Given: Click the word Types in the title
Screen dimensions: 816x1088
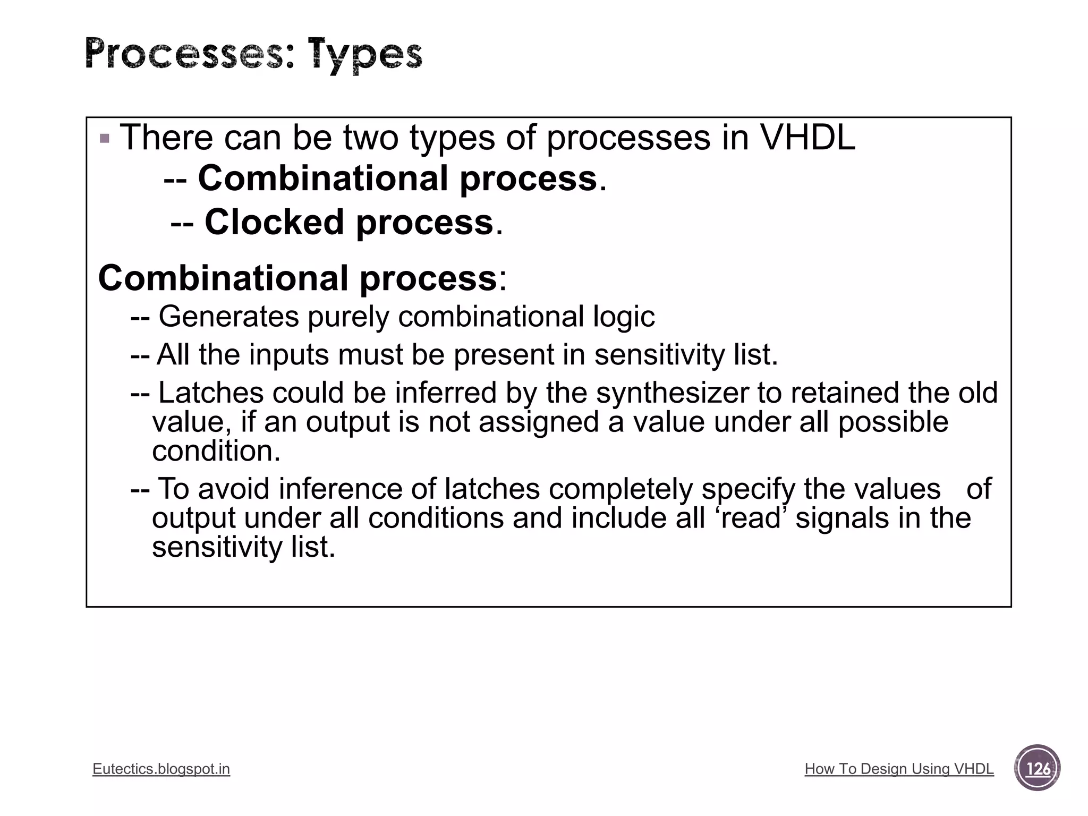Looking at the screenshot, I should (x=366, y=55).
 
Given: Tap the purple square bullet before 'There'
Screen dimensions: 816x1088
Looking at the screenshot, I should (x=105, y=139).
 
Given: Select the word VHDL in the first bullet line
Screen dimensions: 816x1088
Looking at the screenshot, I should (x=807, y=138).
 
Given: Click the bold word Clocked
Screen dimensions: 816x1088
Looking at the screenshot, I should (x=274, y=222).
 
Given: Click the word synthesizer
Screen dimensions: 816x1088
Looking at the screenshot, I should (x=671, y=393).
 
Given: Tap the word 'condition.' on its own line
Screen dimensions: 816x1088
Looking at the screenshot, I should (x=216, y=451).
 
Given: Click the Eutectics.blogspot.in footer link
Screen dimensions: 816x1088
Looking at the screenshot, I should (x=161, y=769).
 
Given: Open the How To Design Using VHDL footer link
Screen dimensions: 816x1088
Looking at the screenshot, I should (x=899, y=769).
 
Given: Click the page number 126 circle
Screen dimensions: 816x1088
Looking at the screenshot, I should (x=1037, y=768).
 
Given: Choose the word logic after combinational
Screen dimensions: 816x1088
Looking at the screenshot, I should (x=623, y=317).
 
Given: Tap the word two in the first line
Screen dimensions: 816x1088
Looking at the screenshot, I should (x=370, y=138).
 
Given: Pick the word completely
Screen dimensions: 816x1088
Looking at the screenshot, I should (x=620, y=489).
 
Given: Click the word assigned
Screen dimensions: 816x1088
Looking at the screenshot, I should (x=539, y=422).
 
